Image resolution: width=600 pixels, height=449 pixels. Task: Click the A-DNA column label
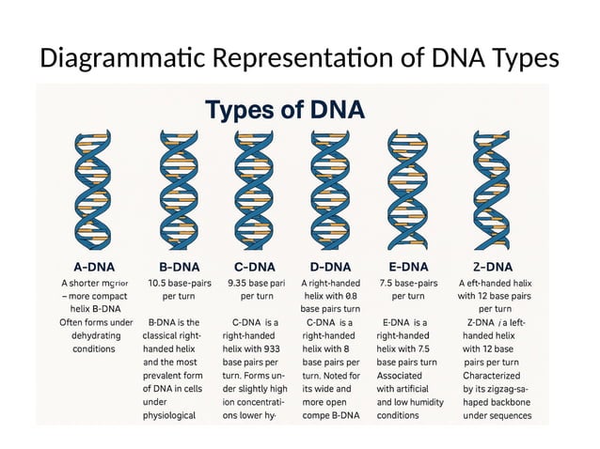94,266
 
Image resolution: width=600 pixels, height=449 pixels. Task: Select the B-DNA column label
172,266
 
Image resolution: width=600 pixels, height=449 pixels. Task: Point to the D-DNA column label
330,266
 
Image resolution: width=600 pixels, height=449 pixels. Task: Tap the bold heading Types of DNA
284,110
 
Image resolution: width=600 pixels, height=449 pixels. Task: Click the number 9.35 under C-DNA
243,283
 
